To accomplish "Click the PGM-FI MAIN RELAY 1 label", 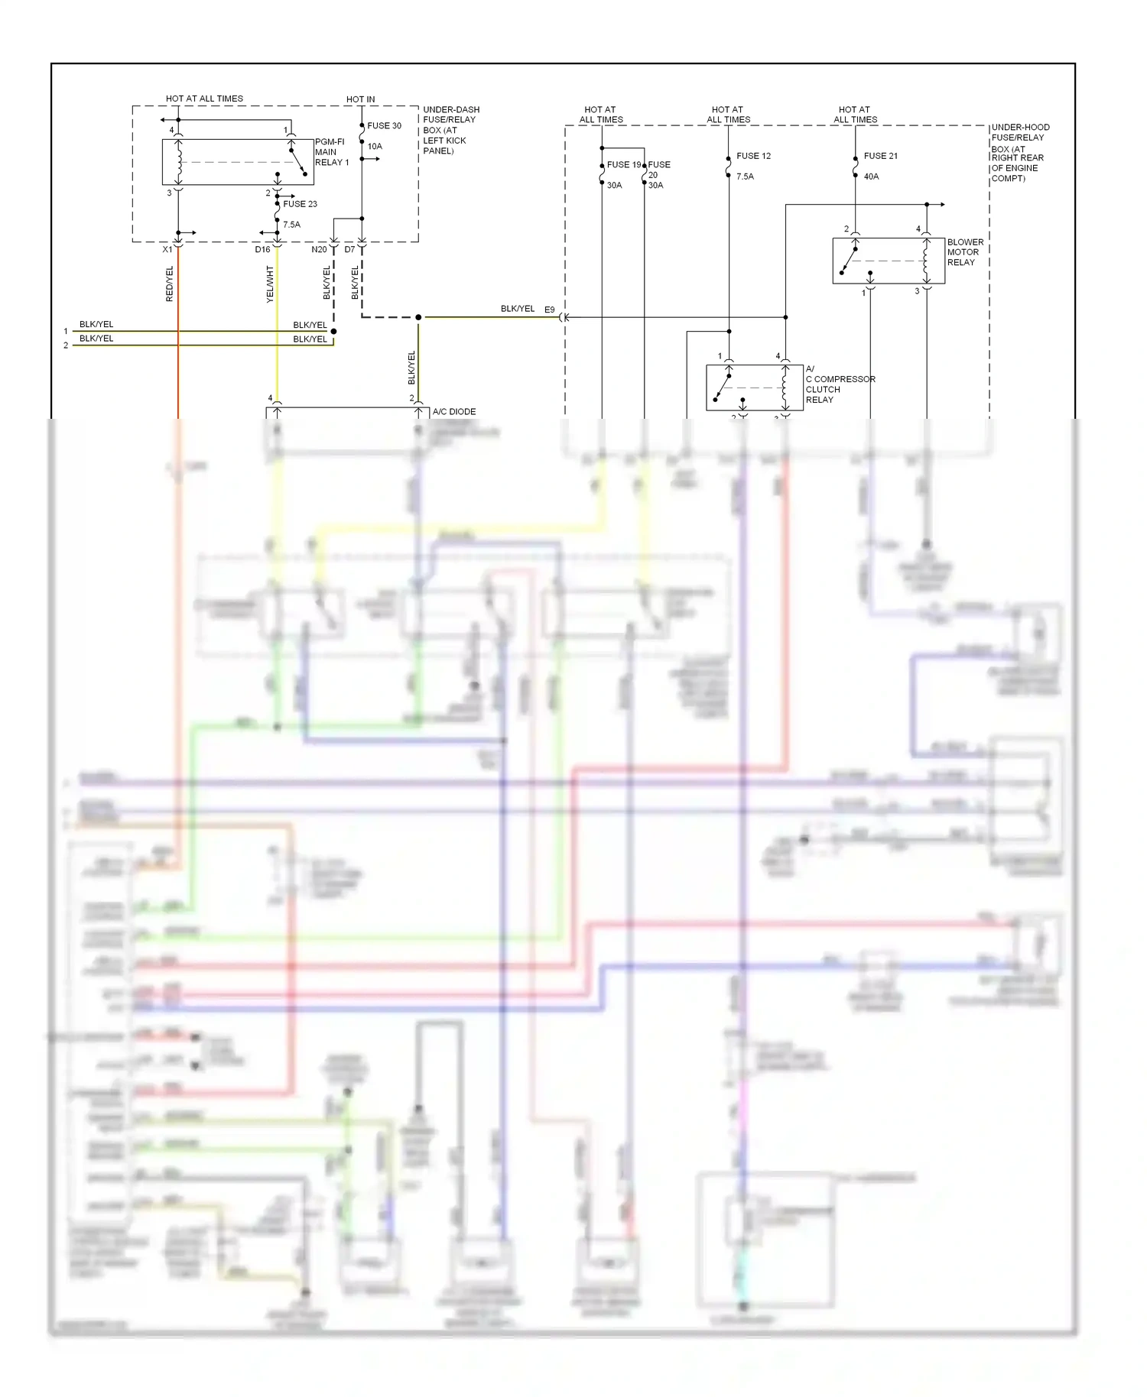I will pyautogui.click(x=332, y=152).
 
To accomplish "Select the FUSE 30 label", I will pyautogui.click(x=384, y=126).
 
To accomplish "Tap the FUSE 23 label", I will pyautogui.click(x=300, y=204).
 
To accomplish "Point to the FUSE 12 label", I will pyautogui.click(x=753, y=156).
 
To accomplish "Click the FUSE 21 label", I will pyautogui.click(x=880, y=156).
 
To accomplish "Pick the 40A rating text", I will pyautogui.click(x=871, y=177).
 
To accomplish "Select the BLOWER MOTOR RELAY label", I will pyautogui.click(x=965, y=252).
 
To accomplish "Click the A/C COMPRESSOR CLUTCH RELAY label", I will pyautogui.click(x=840, y=384).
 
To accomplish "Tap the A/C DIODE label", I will pyautogui.click(x=454, y=412).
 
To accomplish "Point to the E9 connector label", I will pyautogui.click(x=550, y=310).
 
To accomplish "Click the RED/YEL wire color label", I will pyautogui.click(x=170, y=284).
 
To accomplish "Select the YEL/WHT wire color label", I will pyautogui.click(x=270, y=284).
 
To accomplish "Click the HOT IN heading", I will pyautogui.click(x=360, y=99).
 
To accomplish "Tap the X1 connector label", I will pyautogui.click(x=167, y=250).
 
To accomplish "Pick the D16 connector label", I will pyautogui.click(x=262, y=250).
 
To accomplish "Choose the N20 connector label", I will pyautogui.click(x=319, y=250).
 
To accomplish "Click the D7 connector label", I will pyautogui.click(x=349, y=250).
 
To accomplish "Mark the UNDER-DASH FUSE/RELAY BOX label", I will pyautogui.click(x=451, y=130).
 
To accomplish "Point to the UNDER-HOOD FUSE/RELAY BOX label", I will pyautogui.click(x=1019, y=153).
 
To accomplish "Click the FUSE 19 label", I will pyautogui.click(x=624, y=165).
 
